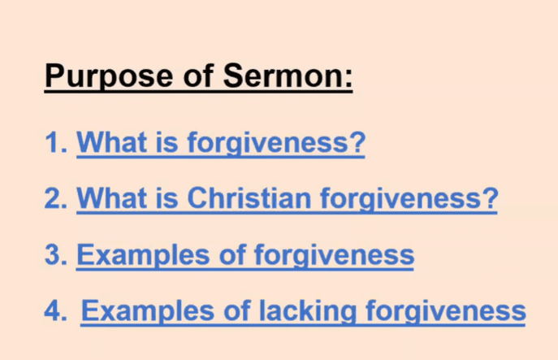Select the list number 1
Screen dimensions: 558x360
click(x=56, y=143)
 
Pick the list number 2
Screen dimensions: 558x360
click(x=56, y=198)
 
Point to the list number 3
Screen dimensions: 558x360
click(x=56, y=255)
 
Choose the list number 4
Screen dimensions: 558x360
click(x=55, y=310)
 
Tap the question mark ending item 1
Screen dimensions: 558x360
click(x=356, y=142)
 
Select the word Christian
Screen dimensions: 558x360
click(x=249, y=198)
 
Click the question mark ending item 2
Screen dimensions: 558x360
click(x=489, y=198)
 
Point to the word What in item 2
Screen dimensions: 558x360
click(x=112, y=198)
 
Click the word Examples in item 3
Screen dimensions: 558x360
click(x=143, y=256)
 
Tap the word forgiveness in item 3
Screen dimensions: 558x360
click(x=334, y=256)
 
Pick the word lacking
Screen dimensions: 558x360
click(x=308, y=312)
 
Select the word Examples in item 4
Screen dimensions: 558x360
click(x=147, y=312)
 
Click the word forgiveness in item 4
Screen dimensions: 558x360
click(x=446, y=311)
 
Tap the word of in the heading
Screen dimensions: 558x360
click(x=198, y=76)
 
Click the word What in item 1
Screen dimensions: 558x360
click(x=112, y=142)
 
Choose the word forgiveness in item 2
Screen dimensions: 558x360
click(x=400, y=199)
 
